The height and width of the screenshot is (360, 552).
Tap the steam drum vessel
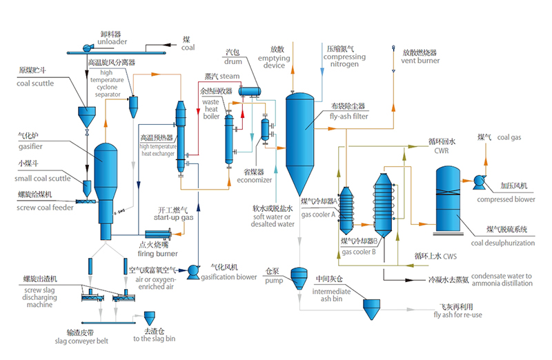point(247,90)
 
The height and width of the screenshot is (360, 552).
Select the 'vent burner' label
point(421,60)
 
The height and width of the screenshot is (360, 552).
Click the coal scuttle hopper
point(86,114)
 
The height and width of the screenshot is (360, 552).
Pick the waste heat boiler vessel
point(229,137)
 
